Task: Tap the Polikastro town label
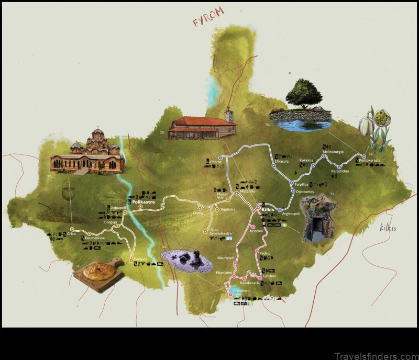click(x=142, y=201)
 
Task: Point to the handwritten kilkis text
click(x=389, y=227)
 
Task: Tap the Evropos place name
click(x=140, y=260)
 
